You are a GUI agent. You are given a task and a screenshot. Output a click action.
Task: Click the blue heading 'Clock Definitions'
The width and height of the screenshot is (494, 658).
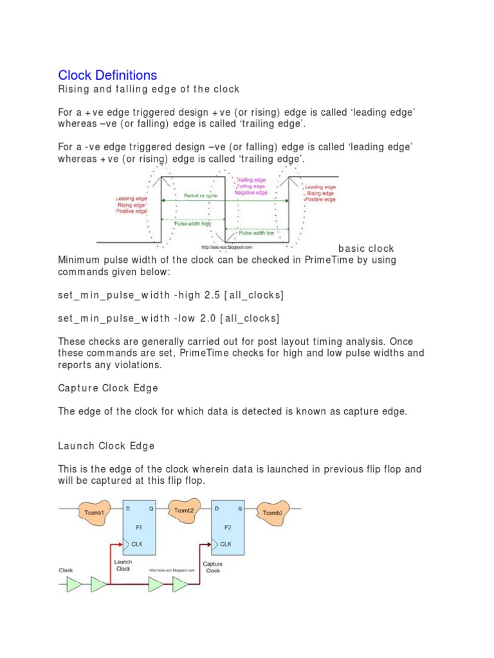pyautogui.click(x=107, y=75)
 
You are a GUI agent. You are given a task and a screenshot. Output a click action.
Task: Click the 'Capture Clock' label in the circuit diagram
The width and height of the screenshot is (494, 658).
pyautogui.click(x=212, y=567)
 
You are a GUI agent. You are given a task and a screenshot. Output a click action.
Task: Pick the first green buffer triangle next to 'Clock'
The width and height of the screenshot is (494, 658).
pyautogui.click(x=75, y=584)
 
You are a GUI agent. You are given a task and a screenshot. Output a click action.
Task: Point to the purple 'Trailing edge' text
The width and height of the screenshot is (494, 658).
pyautogui.click(x=252, y=181)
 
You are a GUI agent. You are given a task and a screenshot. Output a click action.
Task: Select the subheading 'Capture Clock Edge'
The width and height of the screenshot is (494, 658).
pyautogui.click(x=107, y=388)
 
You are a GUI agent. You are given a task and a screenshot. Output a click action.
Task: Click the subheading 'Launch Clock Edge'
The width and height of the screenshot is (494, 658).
pyautogui.click(x=106, y=445)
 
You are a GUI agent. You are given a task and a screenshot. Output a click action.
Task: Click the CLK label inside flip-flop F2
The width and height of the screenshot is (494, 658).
pyautogui.click(x=226, y=543)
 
